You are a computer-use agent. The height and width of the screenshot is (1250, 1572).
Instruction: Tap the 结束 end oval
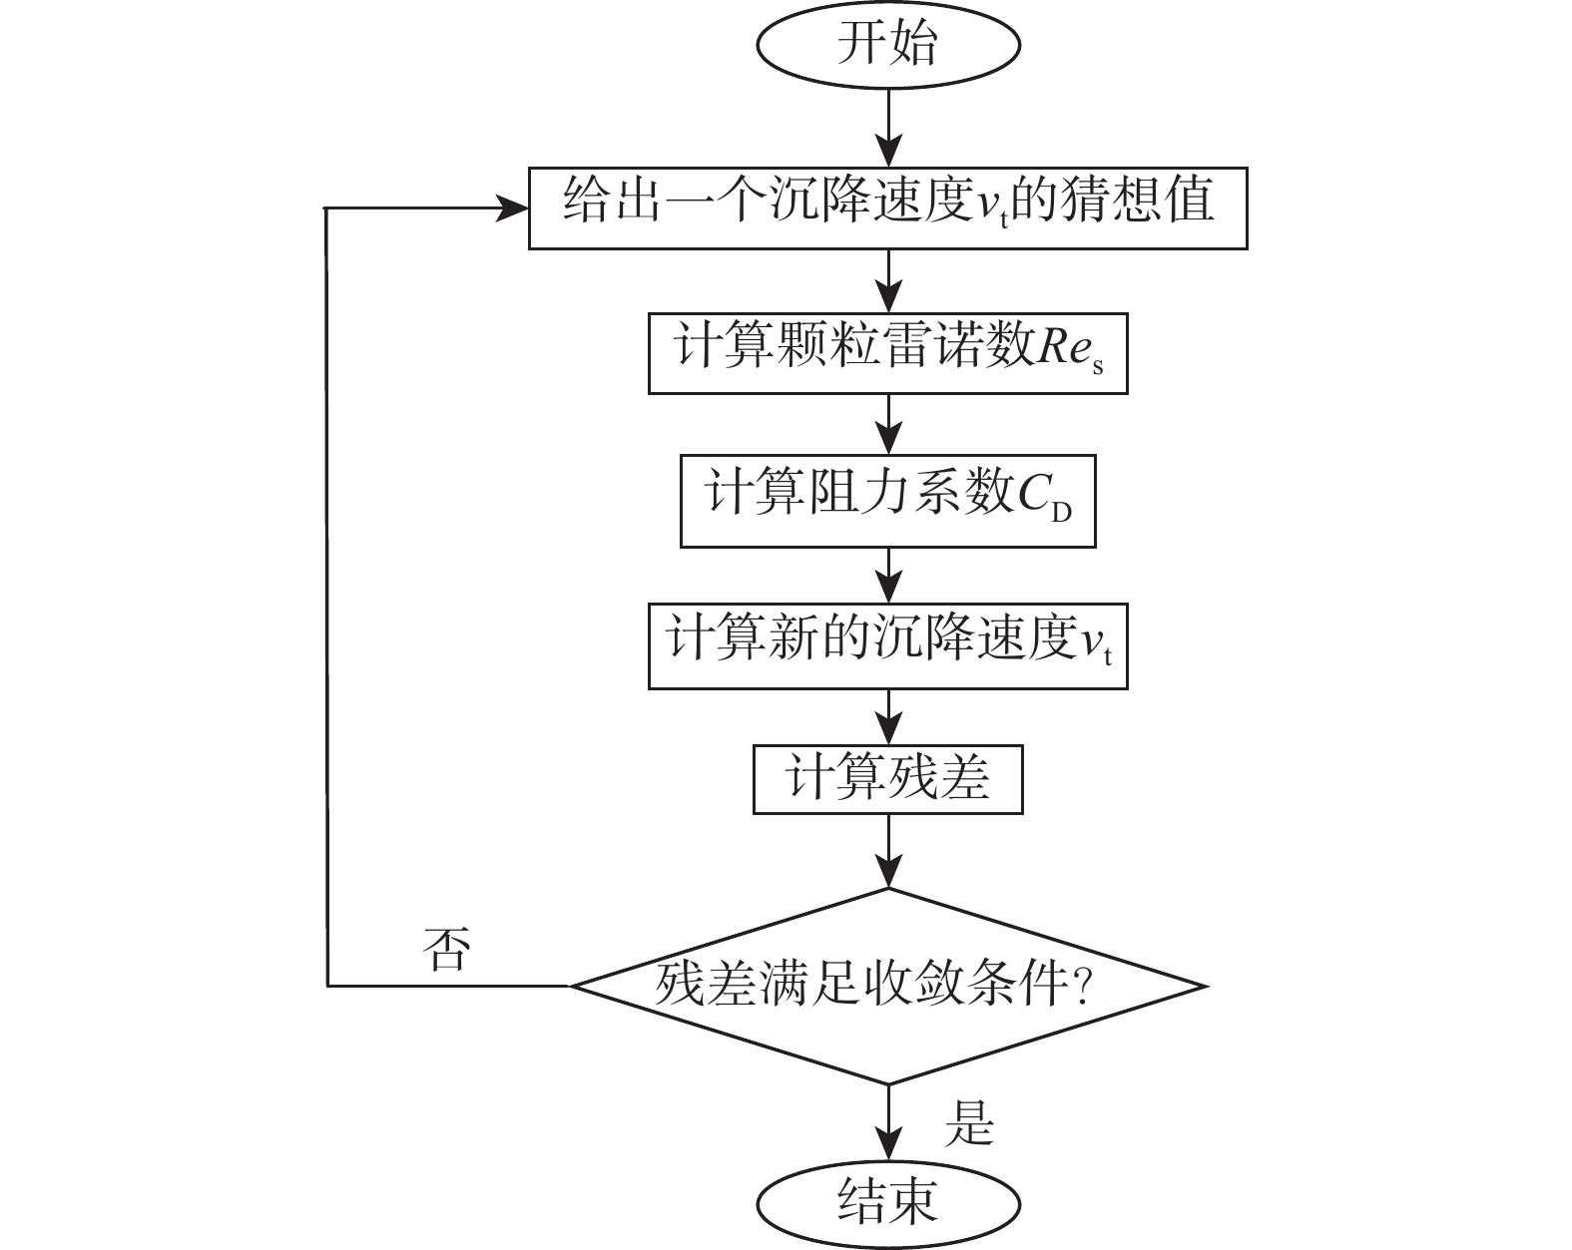click(x=887, y=1203)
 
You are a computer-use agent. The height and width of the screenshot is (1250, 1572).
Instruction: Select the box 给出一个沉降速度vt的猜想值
click(x=887, y=208)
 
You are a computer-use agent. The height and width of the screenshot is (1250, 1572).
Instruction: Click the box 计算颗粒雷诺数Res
click(x=887, y=353)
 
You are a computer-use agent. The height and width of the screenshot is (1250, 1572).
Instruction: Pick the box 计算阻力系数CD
click(x=887, y=501)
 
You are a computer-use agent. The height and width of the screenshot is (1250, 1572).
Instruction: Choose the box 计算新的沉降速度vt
click(x=887, y=645)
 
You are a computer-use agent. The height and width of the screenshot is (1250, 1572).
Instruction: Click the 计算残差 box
click(x=887, y=778)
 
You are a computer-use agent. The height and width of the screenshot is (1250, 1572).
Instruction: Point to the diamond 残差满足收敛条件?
click(x=887, y=986)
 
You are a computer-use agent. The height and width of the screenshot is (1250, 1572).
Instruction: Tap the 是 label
click(x=969, y=1123)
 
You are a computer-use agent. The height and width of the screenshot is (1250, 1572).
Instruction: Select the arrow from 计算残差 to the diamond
click(x=887, y=849)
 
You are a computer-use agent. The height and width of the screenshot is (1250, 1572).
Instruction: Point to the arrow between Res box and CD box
click(x=887, y=425)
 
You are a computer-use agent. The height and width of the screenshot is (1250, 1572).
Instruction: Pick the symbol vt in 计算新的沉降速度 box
click(x=1096, y=645)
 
